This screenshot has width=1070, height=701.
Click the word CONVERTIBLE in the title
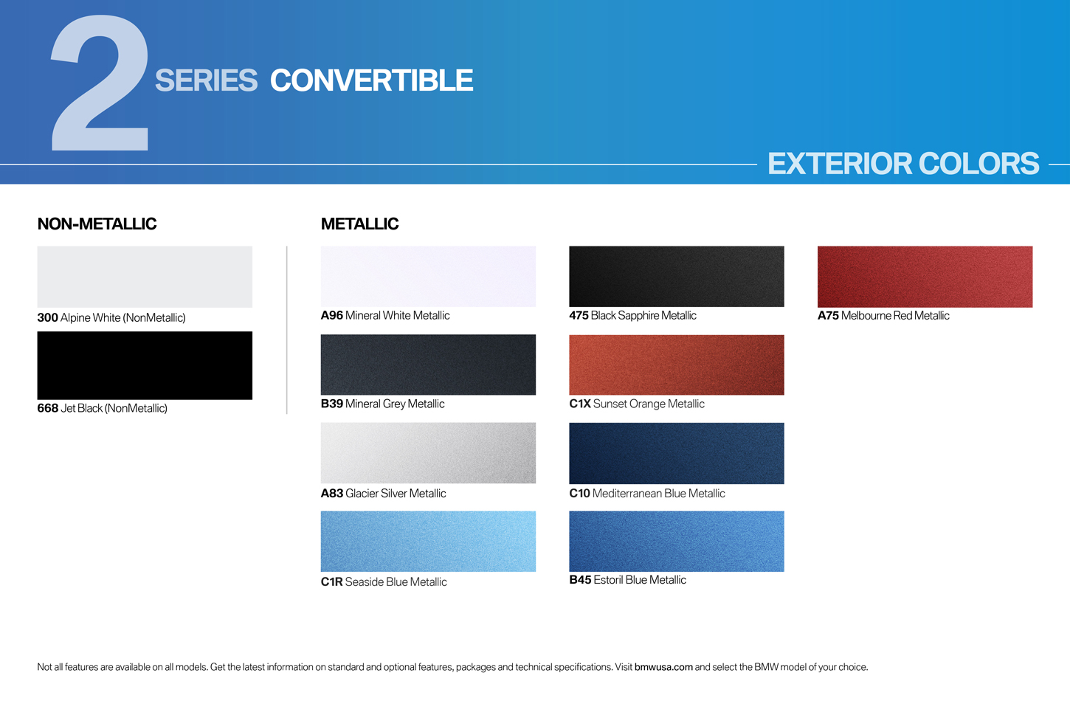coord(372,80)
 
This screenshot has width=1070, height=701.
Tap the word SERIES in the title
coord(207,80)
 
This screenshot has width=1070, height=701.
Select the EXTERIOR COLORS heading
coord(903,163)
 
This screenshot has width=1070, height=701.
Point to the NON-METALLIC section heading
coord(97,224)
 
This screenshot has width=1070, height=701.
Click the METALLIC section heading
coord(359,224)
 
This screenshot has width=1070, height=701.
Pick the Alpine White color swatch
coord(145,277)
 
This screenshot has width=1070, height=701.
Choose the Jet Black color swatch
coord(145,365)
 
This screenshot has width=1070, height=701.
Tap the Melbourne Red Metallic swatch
coord(925,277)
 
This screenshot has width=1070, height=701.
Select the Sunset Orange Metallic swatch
coord(677,365)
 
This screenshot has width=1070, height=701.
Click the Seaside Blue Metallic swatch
coord(428,542)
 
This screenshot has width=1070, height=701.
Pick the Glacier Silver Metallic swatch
coord(428,452)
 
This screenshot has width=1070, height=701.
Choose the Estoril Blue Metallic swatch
coord(677,542)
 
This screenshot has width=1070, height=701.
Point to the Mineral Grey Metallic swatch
coord(428,365)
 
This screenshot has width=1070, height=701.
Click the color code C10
coord(579,493)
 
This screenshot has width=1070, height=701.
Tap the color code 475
coord(579,315)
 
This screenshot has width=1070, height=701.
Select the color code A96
coord(332,315)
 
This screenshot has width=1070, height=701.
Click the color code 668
coord(48,408)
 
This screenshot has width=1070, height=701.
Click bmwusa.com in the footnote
coord(663,667)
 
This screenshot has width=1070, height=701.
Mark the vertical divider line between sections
coord(286,330)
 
